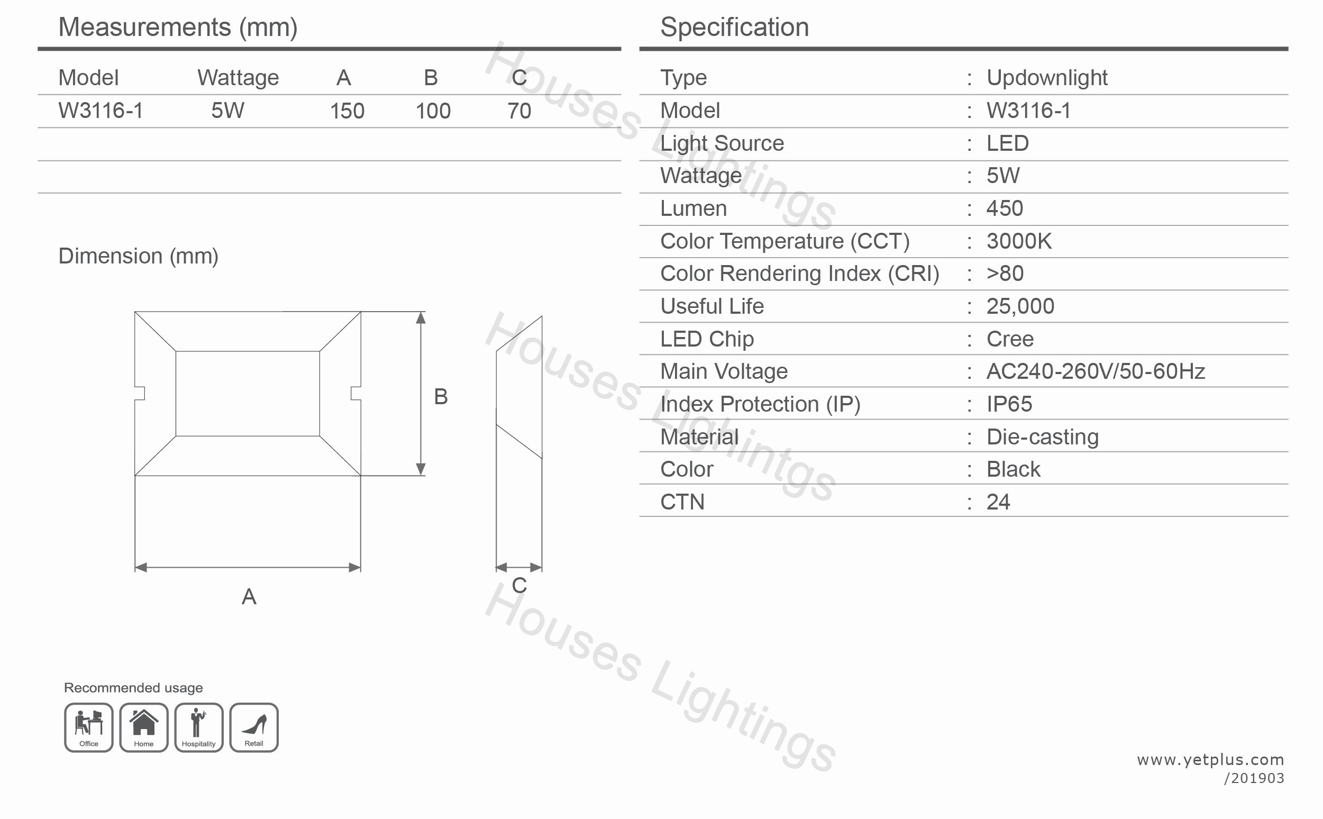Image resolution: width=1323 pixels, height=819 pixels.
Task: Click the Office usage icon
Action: click(89, 727)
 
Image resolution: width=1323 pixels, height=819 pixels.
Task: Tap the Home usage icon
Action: click(144, 727)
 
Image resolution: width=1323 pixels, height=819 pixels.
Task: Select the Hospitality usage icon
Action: click(199, 727)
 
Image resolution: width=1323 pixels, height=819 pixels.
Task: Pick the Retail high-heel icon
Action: click(254, 727)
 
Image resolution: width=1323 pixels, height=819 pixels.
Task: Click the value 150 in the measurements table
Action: click(347, 111)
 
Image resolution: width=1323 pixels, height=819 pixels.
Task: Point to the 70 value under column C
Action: click(519, 111)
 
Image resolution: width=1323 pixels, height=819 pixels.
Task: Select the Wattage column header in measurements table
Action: click(238, 78)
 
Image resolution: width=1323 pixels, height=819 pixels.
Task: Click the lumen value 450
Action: click(1005, 208)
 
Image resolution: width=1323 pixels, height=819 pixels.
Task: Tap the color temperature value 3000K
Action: click(1019, 241)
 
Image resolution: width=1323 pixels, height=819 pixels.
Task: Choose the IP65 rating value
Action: click(1009, 404)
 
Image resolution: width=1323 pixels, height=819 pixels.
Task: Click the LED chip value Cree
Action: click(1010, 339)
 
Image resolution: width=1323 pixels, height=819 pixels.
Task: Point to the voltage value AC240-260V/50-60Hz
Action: click(1096, 371)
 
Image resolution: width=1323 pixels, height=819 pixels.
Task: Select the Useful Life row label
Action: click(712, 306)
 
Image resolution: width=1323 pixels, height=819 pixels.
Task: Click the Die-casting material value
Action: click(1043, 437)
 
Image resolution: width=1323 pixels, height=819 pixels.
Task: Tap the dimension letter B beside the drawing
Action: click(441, 396)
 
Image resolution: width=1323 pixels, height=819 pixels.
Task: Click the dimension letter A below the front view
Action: click(249, 597)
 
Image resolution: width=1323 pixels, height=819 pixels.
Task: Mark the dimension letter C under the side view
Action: click(519, 586)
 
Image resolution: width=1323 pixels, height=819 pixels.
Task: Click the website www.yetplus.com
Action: click(1210, 760)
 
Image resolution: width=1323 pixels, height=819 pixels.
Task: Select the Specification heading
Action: click(735, 27)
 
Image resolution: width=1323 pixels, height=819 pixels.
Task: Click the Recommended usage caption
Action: click(133, 688)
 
